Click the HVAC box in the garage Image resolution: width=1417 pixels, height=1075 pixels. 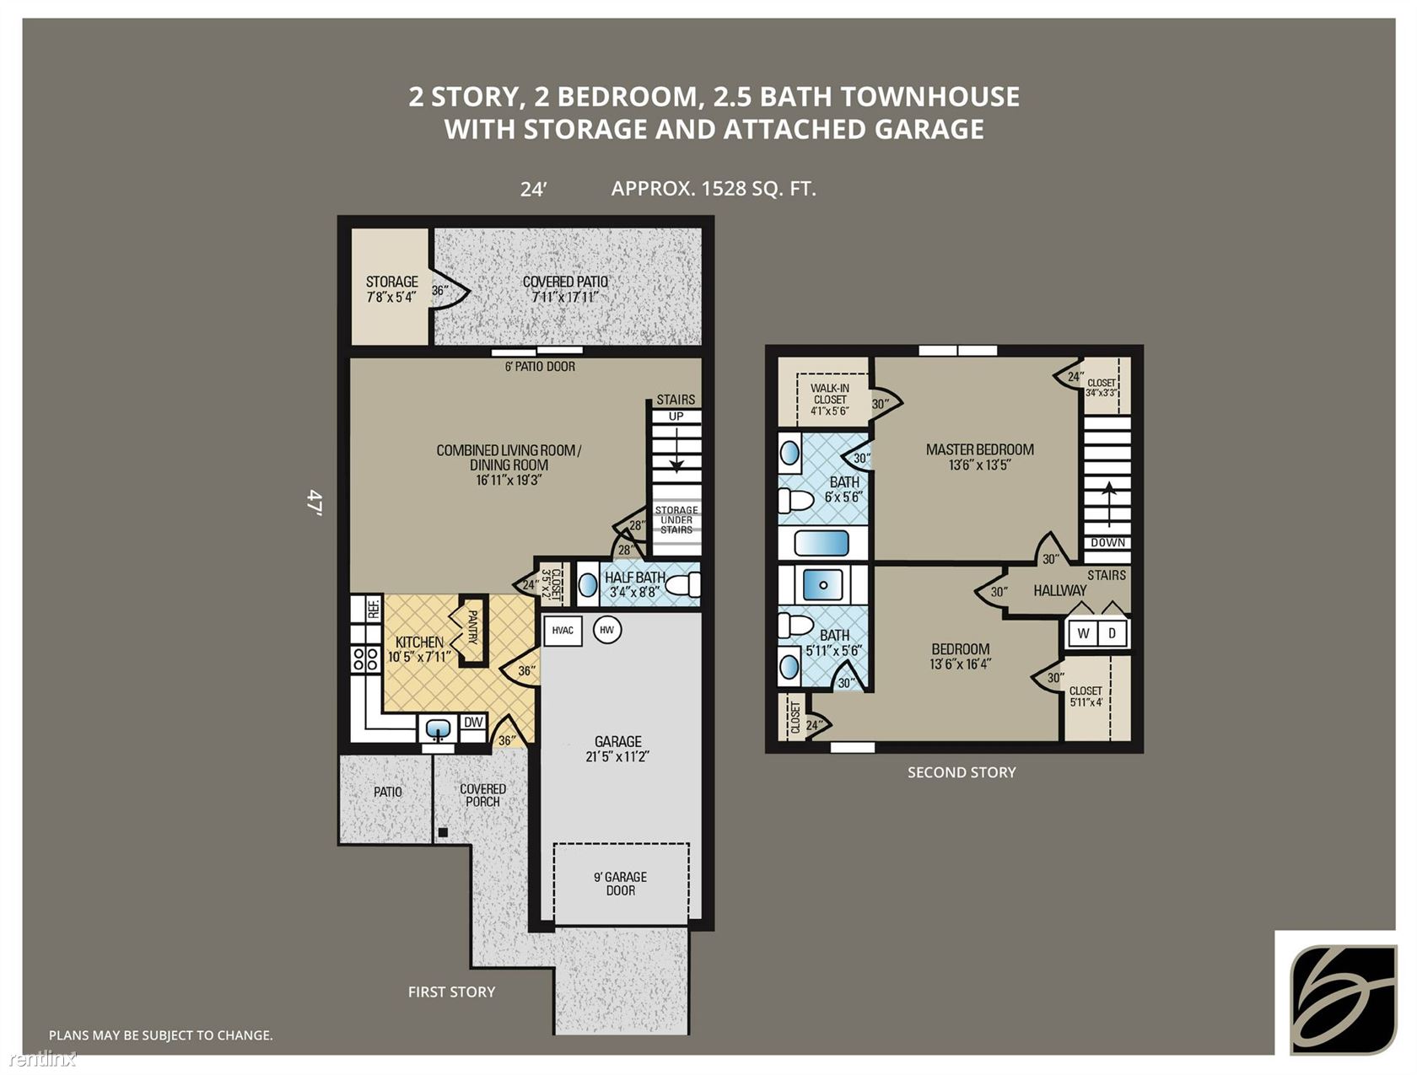coord(563,631)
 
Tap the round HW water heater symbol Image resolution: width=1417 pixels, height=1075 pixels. coord(606,630)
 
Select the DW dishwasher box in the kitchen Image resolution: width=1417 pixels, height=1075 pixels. coord(473,722)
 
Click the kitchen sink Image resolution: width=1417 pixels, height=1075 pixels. coord(438,729)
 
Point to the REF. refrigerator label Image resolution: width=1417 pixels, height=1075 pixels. coord(373,609)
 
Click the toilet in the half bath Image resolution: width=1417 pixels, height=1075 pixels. coord(683,584)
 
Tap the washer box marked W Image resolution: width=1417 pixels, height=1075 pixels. coord(1083,633)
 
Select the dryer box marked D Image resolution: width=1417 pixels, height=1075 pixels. coord(1112,633)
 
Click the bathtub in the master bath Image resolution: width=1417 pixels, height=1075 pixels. coord(822,543)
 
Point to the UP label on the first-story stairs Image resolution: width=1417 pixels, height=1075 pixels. coord(676,417)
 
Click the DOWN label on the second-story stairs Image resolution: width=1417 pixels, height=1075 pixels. coord(1107,543)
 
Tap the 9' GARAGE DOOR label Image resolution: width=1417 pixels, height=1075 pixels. coord(621,884)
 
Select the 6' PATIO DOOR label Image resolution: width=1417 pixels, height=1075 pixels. coord(540,367)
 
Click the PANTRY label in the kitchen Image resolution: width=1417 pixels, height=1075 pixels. coord(471,627)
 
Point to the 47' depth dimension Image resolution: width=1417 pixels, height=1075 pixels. coord(315,502)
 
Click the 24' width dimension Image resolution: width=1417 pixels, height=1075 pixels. coord(534,189)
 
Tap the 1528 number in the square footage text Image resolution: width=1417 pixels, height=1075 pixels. coord(723,188)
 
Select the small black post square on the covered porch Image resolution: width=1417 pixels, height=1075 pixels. coord(443,832)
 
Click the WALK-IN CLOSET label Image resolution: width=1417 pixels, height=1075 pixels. coord(830,400)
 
